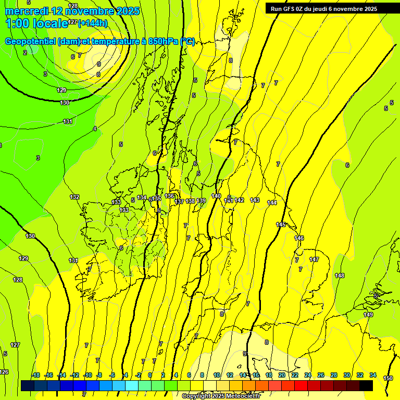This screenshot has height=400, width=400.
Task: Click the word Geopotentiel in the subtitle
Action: tap(30, 41)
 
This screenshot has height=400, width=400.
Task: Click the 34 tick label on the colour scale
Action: tap(373, 375)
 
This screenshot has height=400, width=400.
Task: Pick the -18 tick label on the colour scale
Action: tap(35, 375)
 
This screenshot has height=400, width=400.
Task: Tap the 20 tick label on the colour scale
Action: tap(282, 375)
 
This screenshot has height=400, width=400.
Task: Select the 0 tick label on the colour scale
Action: tap(150, 375)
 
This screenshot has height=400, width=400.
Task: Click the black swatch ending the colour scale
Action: tap(366, 385)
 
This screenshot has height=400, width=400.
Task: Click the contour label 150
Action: tap(388, 378)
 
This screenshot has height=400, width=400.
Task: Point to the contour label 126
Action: tap(4, 372)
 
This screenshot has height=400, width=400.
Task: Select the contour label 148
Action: tap(340, 276)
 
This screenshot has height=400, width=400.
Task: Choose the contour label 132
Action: tap(74, 197)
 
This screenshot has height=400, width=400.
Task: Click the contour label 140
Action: tap(216, 196)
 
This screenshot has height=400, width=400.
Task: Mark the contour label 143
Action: tap(255, 200)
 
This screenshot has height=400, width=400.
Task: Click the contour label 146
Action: tap(299, 238)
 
